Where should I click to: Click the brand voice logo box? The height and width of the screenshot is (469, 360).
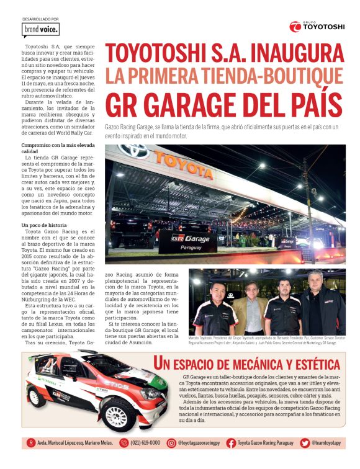[x=40, y=29]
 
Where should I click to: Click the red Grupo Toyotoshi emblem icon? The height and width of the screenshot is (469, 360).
[x=295, y=26]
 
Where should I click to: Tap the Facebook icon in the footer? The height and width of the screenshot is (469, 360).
[x=231, y=443]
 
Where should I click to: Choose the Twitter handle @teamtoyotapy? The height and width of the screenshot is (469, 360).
[x=328, y=443]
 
